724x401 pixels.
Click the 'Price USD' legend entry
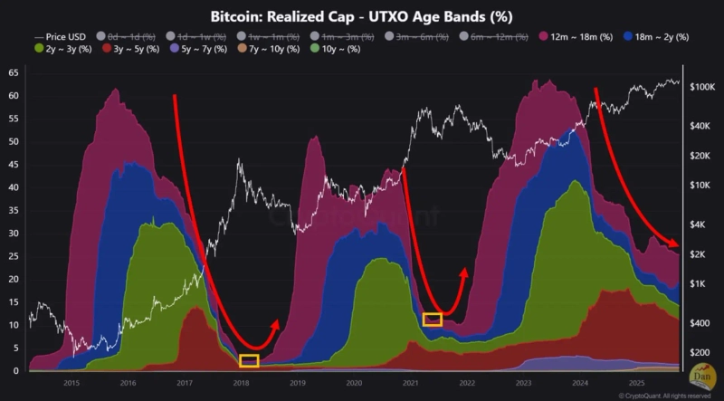click(x=56, y=36)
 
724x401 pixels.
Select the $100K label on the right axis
click(x=702, y=87)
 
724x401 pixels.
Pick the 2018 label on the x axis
click(x=242, y=382)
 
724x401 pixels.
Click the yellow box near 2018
click(x=249, y=360)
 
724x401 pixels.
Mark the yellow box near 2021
click(x=432, y=319)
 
